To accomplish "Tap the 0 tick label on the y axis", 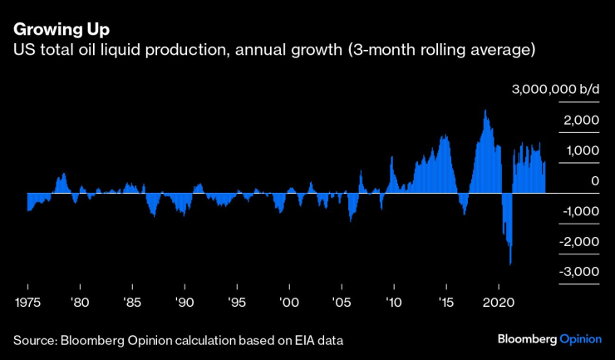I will pyautogui.click(x=595, y=181).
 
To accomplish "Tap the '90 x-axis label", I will pyautogui.click(x=184, y=303).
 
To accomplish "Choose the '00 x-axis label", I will pyautogui.click(x=289, y=303).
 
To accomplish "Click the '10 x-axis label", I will pyautogui.click(x=394, y=303).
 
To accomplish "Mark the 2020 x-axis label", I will pyautogui.click(x=499, y=303).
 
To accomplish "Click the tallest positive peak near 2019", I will pyautogui.click(x=485, y=111).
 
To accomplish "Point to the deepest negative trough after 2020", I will pyautogui.click(x=509, y=263).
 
